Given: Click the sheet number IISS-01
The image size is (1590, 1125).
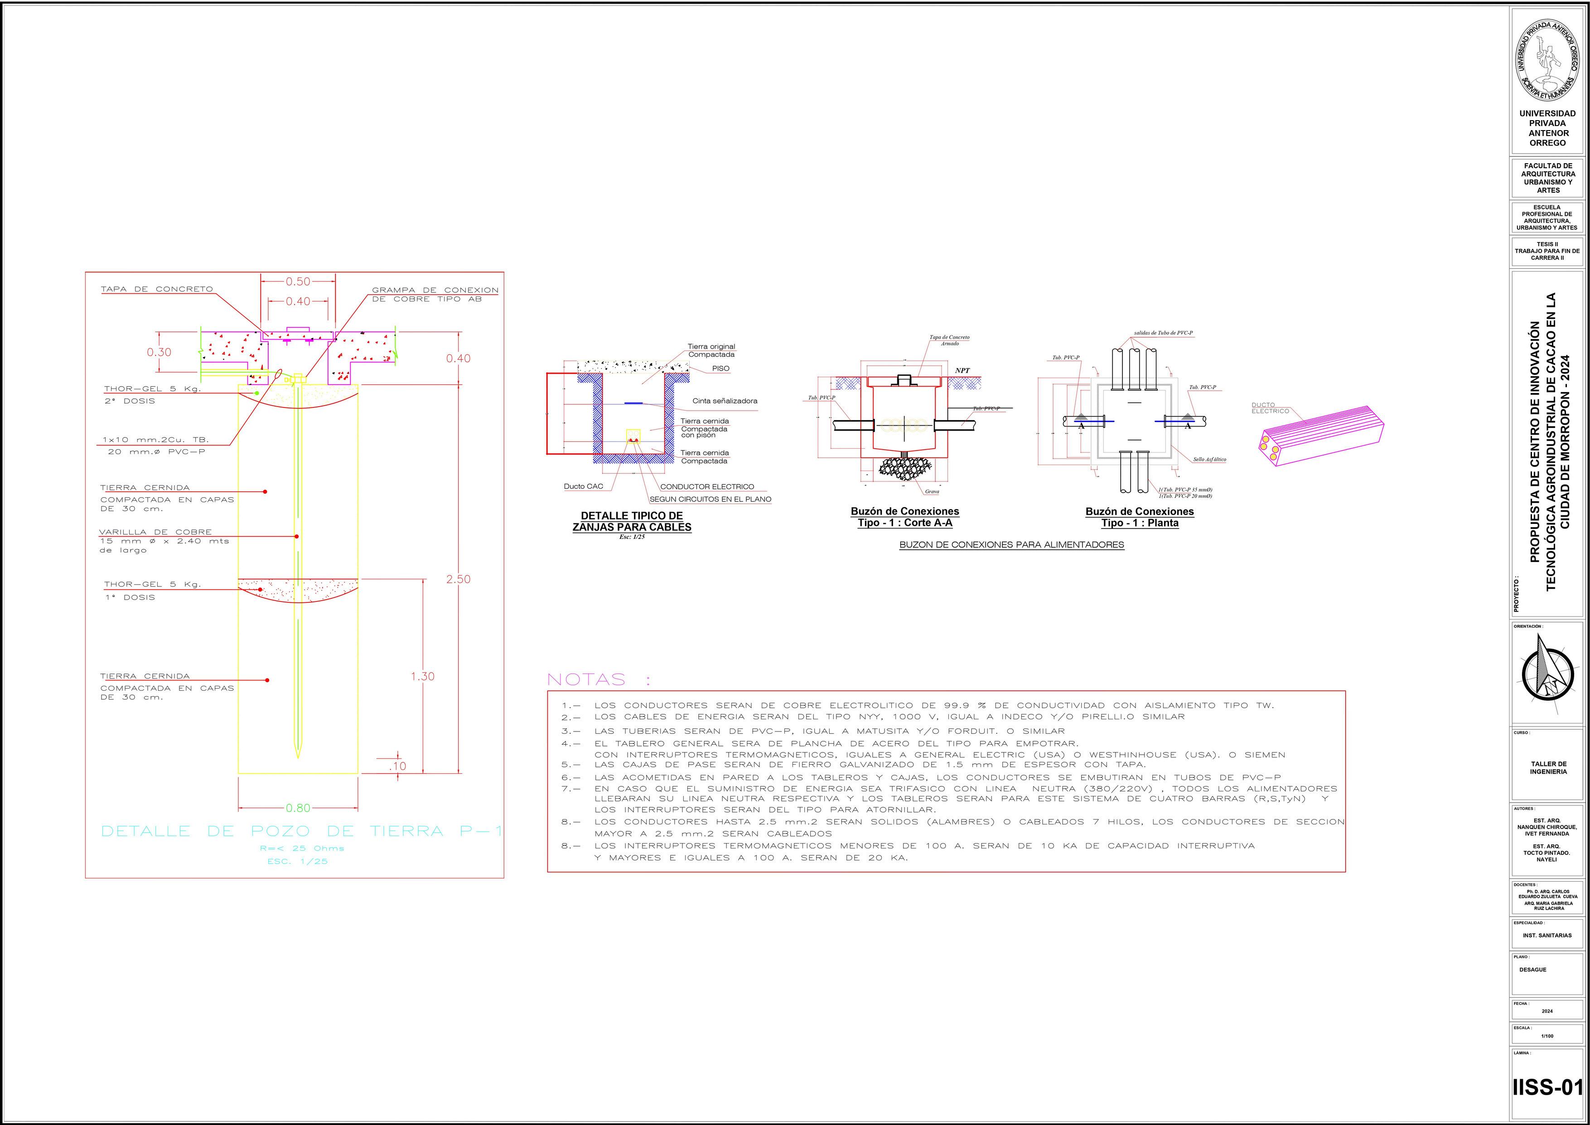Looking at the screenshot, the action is (1548, 1087).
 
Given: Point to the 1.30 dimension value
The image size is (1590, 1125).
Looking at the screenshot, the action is (422, 676).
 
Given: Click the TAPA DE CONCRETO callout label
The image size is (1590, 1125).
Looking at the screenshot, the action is (156, 289).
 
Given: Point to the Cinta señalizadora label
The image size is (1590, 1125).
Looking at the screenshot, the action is (725, 401).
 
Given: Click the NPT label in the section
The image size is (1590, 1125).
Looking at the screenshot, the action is (962, 371).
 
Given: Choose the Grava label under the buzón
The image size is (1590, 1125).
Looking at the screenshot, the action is (932, 491).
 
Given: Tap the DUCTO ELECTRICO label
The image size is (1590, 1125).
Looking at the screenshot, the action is (1270, 408).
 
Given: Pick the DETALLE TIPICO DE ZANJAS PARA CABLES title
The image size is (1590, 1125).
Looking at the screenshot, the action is (632, 521).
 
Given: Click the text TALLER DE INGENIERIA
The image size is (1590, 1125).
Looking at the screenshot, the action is (1548, 767).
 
